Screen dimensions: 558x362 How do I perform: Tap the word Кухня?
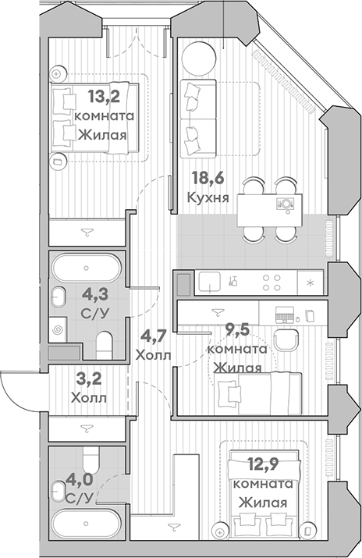(x=208, y=197)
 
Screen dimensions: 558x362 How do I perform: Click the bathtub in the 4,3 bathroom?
(x=87, y=268)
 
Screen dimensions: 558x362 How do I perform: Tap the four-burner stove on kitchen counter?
(x=271, y=282)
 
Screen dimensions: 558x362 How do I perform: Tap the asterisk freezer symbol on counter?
(x=311, y=282)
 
